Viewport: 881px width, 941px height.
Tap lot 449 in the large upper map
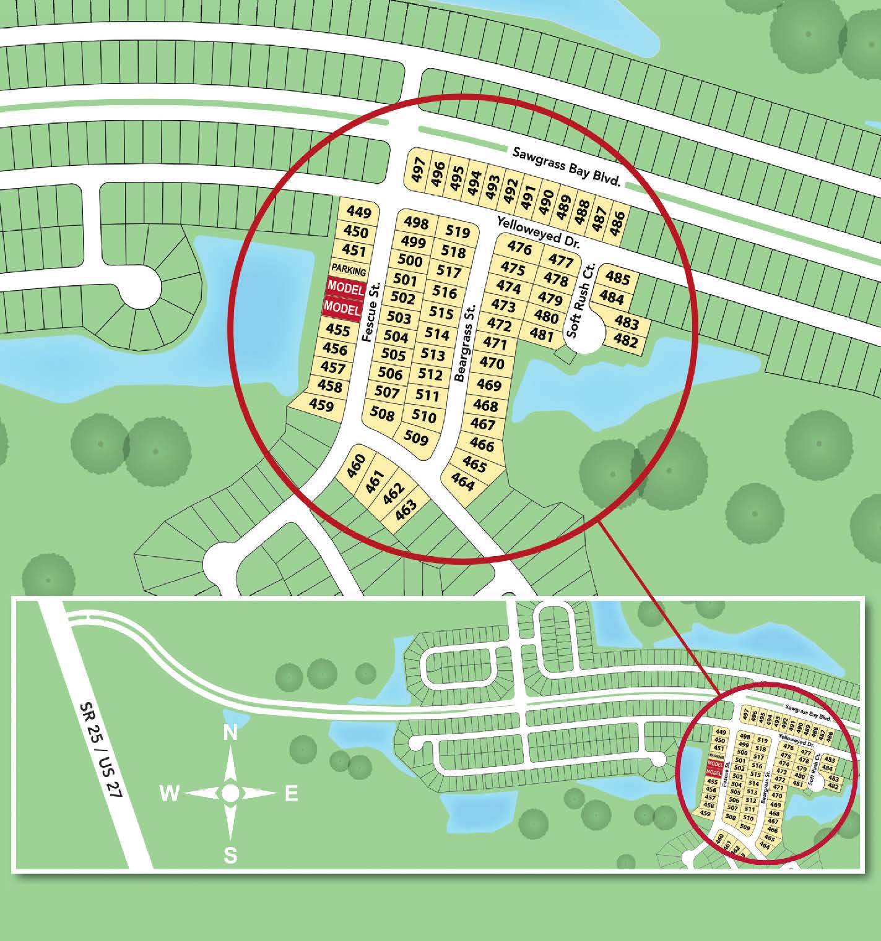[x=358, y=213]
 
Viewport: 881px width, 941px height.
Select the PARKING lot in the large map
[x=349, y=270]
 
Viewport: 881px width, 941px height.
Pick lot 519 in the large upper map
[x=458, y=233]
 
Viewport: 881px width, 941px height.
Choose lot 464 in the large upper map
[x=462, y=482]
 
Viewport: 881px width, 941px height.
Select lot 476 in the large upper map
[x=519, y=248]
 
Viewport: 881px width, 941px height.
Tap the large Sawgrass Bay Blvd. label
[x=566, y=166]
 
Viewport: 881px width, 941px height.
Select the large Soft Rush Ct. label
[x=579, y=302]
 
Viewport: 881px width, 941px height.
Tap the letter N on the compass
[x=230, y=733]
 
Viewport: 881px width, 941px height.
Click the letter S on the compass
[x=230, y=856]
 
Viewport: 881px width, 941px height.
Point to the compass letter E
[x=292, y=794]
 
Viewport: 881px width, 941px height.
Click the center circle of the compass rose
[x=230, y=793]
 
